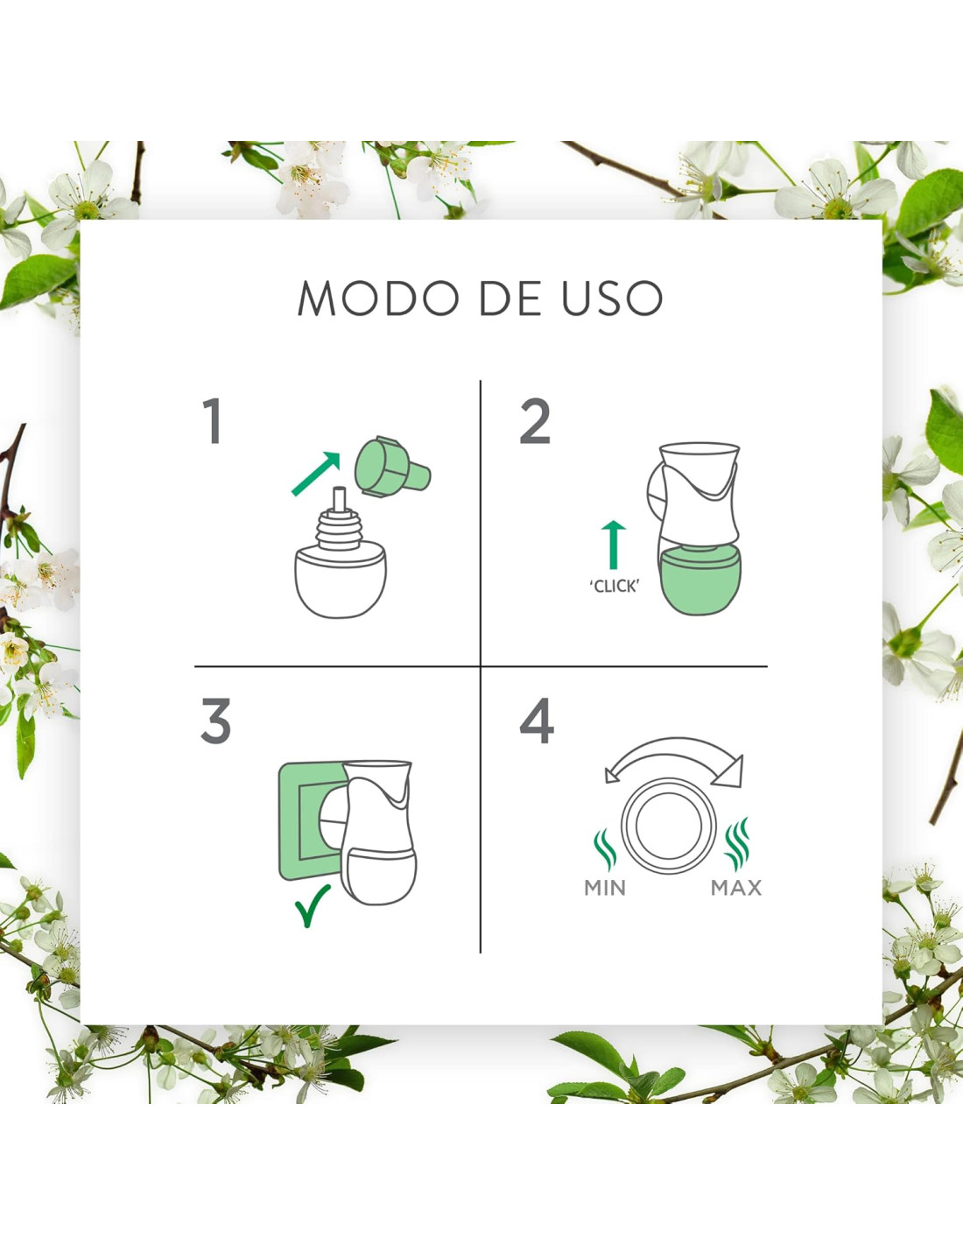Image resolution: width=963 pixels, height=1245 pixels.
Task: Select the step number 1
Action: tap(213, 421)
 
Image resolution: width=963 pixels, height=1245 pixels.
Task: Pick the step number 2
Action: tap(535, 421)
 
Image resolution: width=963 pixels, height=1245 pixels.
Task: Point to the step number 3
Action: tap(215, 721)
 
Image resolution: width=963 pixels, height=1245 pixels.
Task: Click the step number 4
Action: tap(537, 721)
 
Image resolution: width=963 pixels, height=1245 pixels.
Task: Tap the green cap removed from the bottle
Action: tap(392, 467)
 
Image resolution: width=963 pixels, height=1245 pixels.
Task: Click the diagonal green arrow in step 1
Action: tap(316, 474)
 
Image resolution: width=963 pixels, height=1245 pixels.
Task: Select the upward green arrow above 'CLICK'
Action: tap(614, 545)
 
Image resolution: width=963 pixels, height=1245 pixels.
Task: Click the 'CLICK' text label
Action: tap(614, 586)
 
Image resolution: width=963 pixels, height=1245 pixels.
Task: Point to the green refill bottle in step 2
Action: tap(700, 580)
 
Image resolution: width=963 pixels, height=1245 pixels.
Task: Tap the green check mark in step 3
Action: tap(312, 905)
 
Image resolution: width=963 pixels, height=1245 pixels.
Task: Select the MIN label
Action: tap(605, 888)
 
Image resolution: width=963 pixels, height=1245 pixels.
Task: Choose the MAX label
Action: tap(736, 888)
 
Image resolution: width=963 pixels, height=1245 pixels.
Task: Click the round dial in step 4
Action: tap(669, 825)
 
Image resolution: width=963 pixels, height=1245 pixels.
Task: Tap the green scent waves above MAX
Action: tap(737, 845)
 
